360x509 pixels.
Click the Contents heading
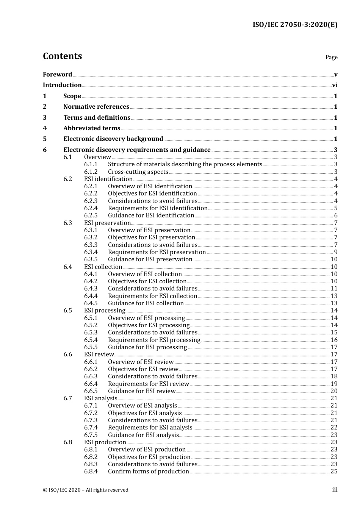tap(62, 56)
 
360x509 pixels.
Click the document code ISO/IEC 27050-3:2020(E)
tap(295, 25)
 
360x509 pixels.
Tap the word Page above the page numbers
tap(331, 57)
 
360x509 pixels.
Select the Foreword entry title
tap(57, 75)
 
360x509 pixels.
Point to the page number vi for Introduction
tap(335, 85)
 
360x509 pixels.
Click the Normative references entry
tap(96, 107)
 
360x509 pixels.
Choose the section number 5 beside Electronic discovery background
tap(45, 139)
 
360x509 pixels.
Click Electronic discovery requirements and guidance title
tap(137, 150)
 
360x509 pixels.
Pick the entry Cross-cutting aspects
tap(138, 172)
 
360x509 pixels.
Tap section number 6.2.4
tap(91, 208)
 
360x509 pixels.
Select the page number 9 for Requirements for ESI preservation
tap(336, 252)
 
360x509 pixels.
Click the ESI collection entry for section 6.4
tap(103, 267)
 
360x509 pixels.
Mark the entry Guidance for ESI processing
tap(147, 347)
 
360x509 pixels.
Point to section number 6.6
tap(67, 354)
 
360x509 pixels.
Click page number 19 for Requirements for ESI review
tap(334, 384)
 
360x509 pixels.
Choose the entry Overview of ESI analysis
tap(142, 406)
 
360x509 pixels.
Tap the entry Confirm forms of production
tap(149, 472)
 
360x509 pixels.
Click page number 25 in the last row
tap(334, 472)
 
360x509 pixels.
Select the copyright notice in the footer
tap(86, 490)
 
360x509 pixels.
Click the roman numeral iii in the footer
tap(335, 490)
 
